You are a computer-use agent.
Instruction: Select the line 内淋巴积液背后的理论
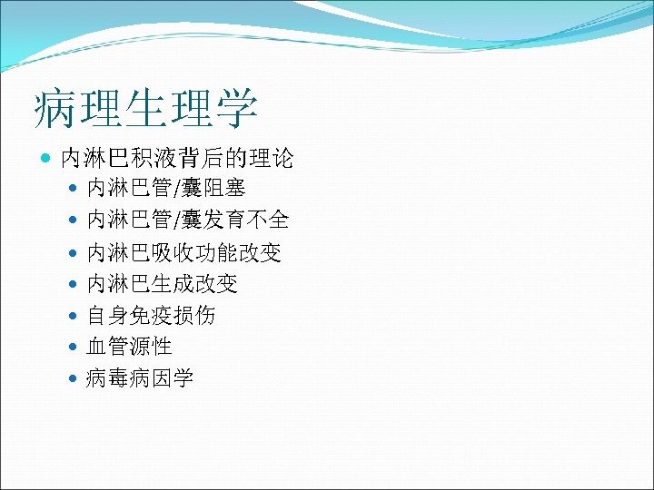point(176,160)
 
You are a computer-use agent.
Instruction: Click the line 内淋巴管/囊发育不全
point(187,220)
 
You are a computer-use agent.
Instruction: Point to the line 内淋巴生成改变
point(162,284)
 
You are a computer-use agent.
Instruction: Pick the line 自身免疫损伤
point(151,316)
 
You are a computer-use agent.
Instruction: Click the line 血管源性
point(129,347)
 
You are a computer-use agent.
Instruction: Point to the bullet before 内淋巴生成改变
point(74,285)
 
